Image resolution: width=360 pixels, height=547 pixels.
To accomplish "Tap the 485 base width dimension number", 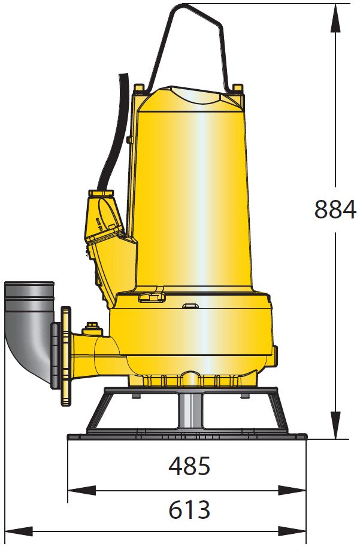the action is click(x=189, y=466).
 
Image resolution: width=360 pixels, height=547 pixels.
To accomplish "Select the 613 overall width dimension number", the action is click(x=189, y=509).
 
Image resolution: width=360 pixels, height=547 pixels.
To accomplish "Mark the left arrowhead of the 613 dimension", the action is click(x=19, y=531).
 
